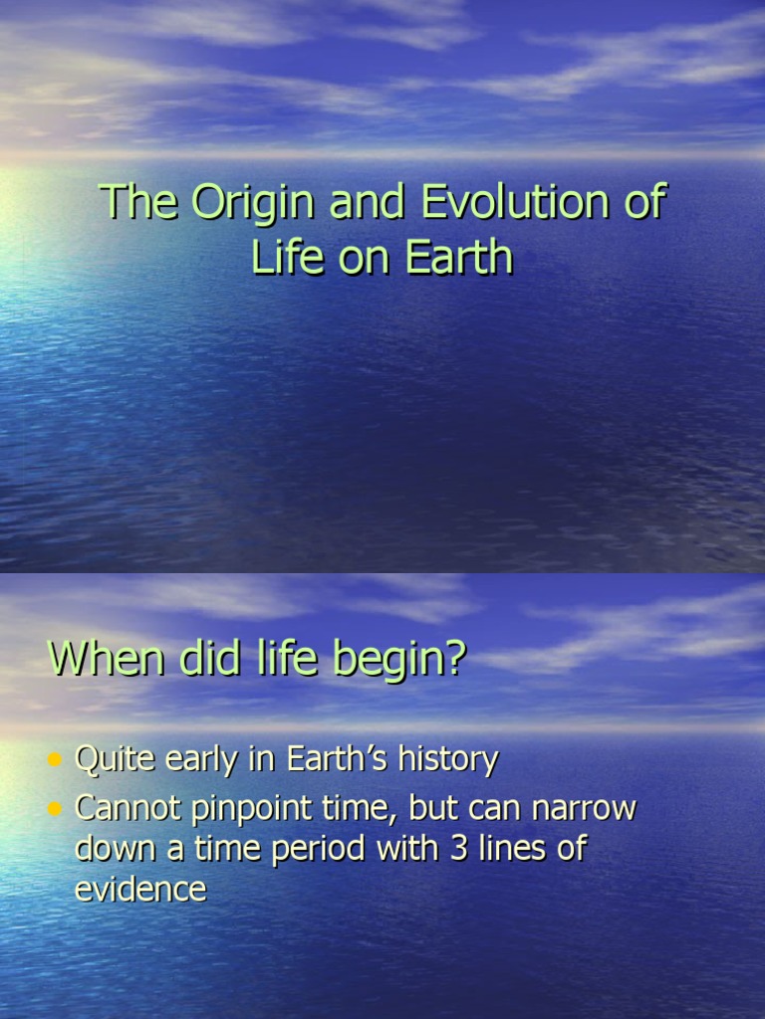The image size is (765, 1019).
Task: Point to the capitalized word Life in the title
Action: coord(287,257)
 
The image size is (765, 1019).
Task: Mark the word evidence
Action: coord(140,890)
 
